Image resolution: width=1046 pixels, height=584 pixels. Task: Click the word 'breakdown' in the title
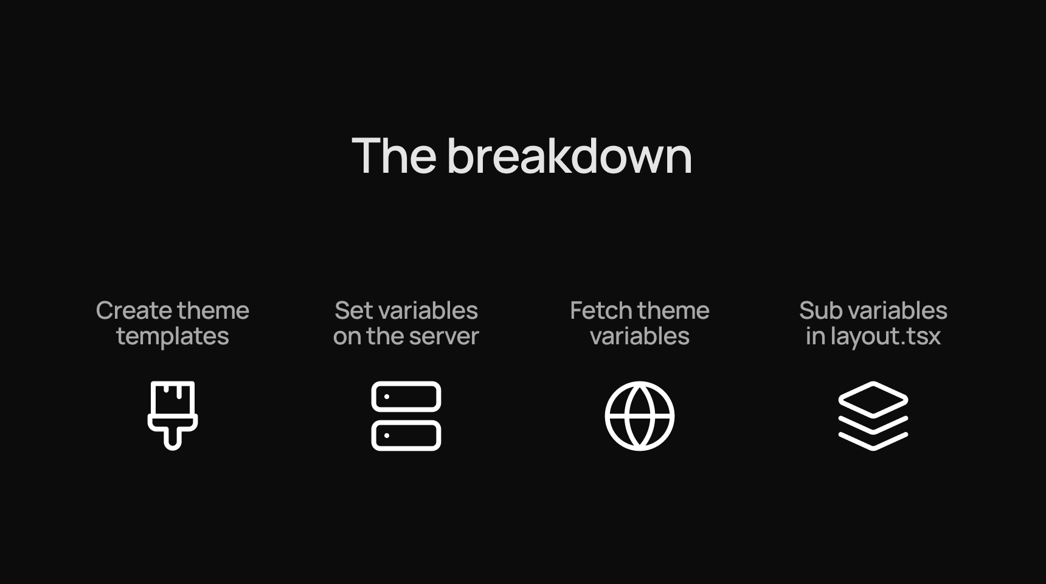coord(569,156)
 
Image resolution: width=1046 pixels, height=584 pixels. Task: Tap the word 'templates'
coord(173,336)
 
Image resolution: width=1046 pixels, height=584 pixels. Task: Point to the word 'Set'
coord(353,311)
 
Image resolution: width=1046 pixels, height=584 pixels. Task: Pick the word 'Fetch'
coord(600,311)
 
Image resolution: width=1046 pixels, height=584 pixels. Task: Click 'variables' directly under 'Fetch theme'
coord(640,336)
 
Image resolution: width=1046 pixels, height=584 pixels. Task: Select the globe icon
coord(640,416)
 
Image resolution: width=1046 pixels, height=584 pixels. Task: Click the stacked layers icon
coord(873,416)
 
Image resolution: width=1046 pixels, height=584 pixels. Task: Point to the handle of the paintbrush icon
coord(173,437)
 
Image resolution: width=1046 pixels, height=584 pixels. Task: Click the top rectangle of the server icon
coord(406,397)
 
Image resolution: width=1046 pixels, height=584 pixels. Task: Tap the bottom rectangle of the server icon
coord(406,436)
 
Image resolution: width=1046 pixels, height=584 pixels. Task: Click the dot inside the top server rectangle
coord(387,397)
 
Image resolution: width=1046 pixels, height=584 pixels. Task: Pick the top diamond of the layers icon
coord(873,399)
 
